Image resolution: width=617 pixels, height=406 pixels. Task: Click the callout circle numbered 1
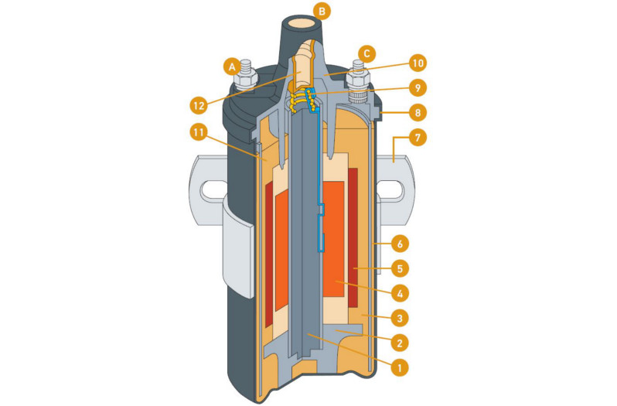pos(399,367)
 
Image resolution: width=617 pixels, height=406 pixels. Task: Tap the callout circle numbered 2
pos(399,343)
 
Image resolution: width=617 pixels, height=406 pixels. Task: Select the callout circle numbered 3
pos(399,318)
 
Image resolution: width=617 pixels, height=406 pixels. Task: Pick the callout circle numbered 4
pos(399,293)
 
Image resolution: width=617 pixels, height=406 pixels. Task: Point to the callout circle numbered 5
pos(399,268)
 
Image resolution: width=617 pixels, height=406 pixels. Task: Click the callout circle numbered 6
pos(399,244)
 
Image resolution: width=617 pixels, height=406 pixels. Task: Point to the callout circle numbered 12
pos(199,102)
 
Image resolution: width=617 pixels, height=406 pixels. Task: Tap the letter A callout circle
pos(230,67)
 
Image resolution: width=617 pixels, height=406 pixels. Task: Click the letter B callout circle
pos(322,11)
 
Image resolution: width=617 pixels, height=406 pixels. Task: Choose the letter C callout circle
pos(367,54)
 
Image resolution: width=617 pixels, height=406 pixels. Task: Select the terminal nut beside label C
pos(359,80)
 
